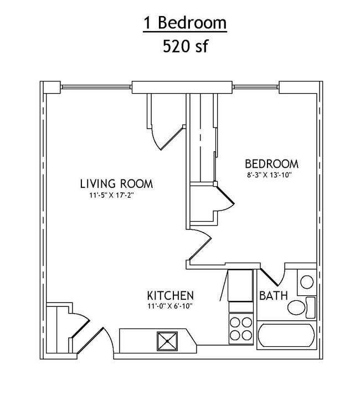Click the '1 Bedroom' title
[x=185, y=23]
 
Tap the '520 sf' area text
[x=185, y=47]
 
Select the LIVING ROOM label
[x=116, y=183]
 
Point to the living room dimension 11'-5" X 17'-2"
[x=111, y=196]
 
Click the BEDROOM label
[x=271, y=164]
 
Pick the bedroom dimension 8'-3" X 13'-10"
[x=269, y=175]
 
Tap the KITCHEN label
[x=170, y=295]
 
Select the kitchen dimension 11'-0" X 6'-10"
[x=170, y=306]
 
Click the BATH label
[x=274, y=295]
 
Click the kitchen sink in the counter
[x=167, y=341]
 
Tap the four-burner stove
[x=241, y=329]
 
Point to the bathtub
[x=286, y=335]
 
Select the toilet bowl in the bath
[x=296, y=307]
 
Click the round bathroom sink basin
[x=307, y=282]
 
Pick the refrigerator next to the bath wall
[x=240, y=285]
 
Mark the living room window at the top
[x=96, y=87]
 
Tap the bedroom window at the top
[x=255, y=87]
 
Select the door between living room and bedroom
[x=200, y=244]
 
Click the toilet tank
[x=310, y=307]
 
